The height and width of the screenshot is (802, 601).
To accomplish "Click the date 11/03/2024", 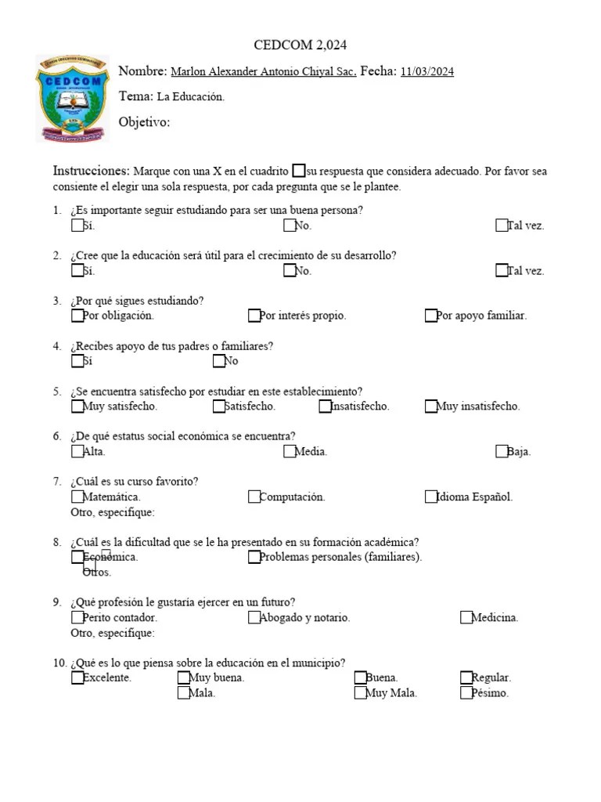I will [426, 72].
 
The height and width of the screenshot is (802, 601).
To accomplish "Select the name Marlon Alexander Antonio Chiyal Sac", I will [263, 72].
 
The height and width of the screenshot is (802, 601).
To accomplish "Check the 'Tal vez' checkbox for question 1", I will [502, 226].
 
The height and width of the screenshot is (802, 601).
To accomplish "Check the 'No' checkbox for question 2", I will [290, 271].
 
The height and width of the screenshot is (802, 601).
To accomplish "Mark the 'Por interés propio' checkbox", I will [254, 316].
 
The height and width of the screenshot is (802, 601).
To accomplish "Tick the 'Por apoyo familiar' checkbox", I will [431, 316].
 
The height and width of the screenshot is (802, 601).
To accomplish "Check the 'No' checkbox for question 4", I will [219, 361].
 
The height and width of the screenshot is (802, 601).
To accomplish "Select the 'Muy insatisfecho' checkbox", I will [431, 406].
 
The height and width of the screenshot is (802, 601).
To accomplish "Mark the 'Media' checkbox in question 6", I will [290, 451].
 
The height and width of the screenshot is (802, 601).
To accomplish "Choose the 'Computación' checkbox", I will [254, 497].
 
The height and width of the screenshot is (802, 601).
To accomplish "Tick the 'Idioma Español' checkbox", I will [431, 497].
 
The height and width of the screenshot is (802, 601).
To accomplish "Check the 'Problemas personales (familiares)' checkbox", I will [254, 557].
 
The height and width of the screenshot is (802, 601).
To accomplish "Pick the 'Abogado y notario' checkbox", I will [254, 617].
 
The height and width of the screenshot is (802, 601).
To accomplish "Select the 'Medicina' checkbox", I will [466, 617].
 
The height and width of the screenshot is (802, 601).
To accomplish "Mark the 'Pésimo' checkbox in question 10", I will [466, 692].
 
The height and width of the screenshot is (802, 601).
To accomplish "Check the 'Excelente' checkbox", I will [77, 677].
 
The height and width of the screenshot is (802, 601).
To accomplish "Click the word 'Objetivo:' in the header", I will [144, 122].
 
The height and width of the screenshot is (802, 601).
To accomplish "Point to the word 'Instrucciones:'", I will [91, 171].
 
